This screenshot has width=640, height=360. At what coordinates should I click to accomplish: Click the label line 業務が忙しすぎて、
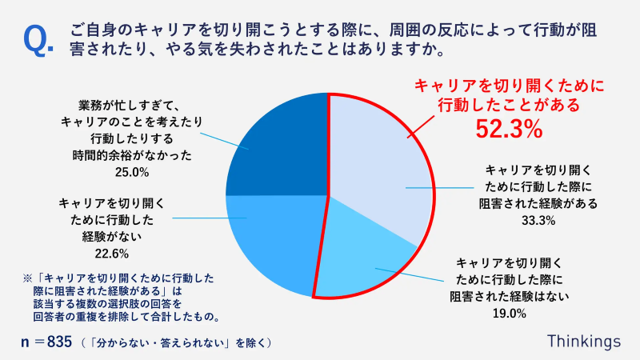pyautogui.click(x=132, y=105)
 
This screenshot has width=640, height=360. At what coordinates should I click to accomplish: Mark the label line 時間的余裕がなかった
pyautogui.click(x=132, y=154)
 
